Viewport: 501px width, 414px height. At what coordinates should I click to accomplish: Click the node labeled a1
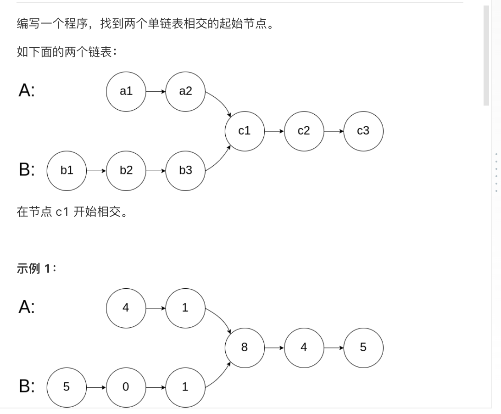tap(126, 91)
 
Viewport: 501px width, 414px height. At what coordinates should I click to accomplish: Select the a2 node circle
tap(185, 91)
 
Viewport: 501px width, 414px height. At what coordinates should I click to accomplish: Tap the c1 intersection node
tap(245, 131)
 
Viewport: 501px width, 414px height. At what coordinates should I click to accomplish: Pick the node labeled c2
tap(304, 131)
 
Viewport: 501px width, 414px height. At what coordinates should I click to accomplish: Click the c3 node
tap(363, 131)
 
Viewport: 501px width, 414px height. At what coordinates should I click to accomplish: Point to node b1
tap(67, 171)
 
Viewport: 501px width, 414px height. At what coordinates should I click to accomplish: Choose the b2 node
tap(126, 171)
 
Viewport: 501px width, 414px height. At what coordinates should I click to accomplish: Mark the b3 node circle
tap(185, 171)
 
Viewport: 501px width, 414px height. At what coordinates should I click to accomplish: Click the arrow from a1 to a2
tap(156, 91)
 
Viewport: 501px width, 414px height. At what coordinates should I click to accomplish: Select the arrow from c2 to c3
tap(334, 131)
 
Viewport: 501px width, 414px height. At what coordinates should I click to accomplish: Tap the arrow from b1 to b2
tap(96, 171)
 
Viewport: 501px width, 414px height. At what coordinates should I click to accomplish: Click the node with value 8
tap(245, 347)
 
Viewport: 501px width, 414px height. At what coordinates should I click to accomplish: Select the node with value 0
tap(126, 387)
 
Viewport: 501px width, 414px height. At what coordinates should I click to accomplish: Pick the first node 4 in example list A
tap(126, 308)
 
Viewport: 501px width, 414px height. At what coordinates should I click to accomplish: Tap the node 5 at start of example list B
tap(67, 387)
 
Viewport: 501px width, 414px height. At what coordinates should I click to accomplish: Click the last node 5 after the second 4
tap(363, 347)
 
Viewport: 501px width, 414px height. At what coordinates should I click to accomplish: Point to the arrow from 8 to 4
tap(274, 347)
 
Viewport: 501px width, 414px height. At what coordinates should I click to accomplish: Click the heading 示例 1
tap(36, 269)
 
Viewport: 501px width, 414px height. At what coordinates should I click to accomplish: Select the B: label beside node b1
tap(27, 170)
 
